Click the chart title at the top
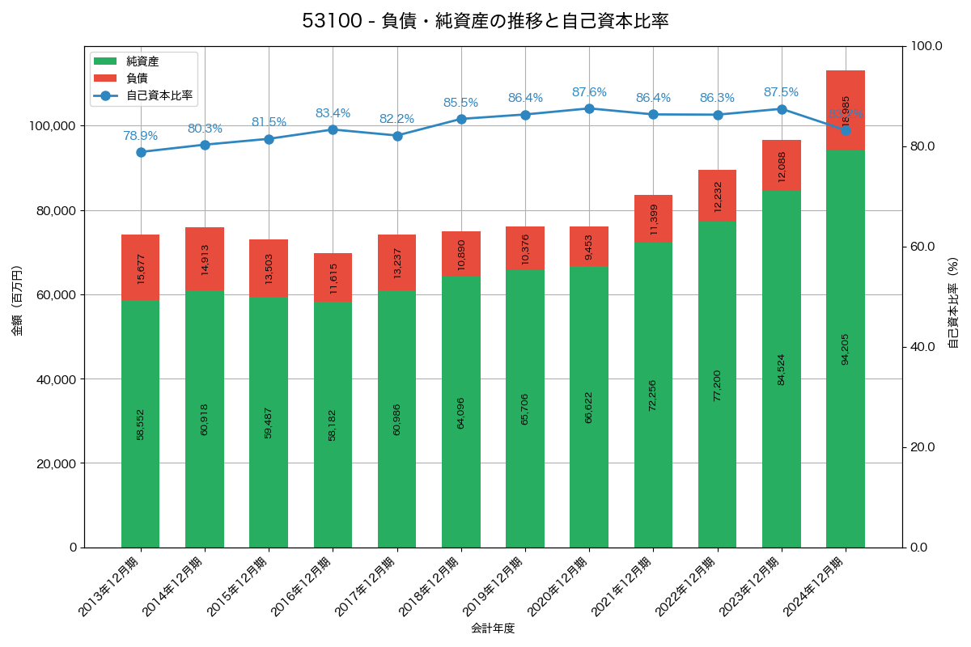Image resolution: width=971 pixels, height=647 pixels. pos(485,21)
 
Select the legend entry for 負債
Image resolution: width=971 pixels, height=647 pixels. pos(137,78)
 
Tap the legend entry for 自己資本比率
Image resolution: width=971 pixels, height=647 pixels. pos(159,95)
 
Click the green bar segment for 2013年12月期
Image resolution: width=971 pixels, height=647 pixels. pos(141,424)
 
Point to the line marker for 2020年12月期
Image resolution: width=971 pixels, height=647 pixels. pos(589,108)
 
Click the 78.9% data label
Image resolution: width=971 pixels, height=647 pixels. pos(141,136)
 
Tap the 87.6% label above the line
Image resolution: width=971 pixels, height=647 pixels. pos(589,92)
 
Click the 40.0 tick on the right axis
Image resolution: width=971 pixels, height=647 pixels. pos(922,347)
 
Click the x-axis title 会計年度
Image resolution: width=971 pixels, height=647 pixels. pos(493,628)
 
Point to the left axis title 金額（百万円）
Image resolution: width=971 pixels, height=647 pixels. pos(17,301)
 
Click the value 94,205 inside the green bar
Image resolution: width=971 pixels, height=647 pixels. pos(846,349)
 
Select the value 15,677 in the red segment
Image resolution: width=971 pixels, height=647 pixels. pos(141,268)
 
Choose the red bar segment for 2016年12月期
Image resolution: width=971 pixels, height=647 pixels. pos(333,277)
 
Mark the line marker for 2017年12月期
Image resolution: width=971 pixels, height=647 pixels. pos(397,136)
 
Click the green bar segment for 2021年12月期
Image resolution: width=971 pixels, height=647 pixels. pos(653,395)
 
